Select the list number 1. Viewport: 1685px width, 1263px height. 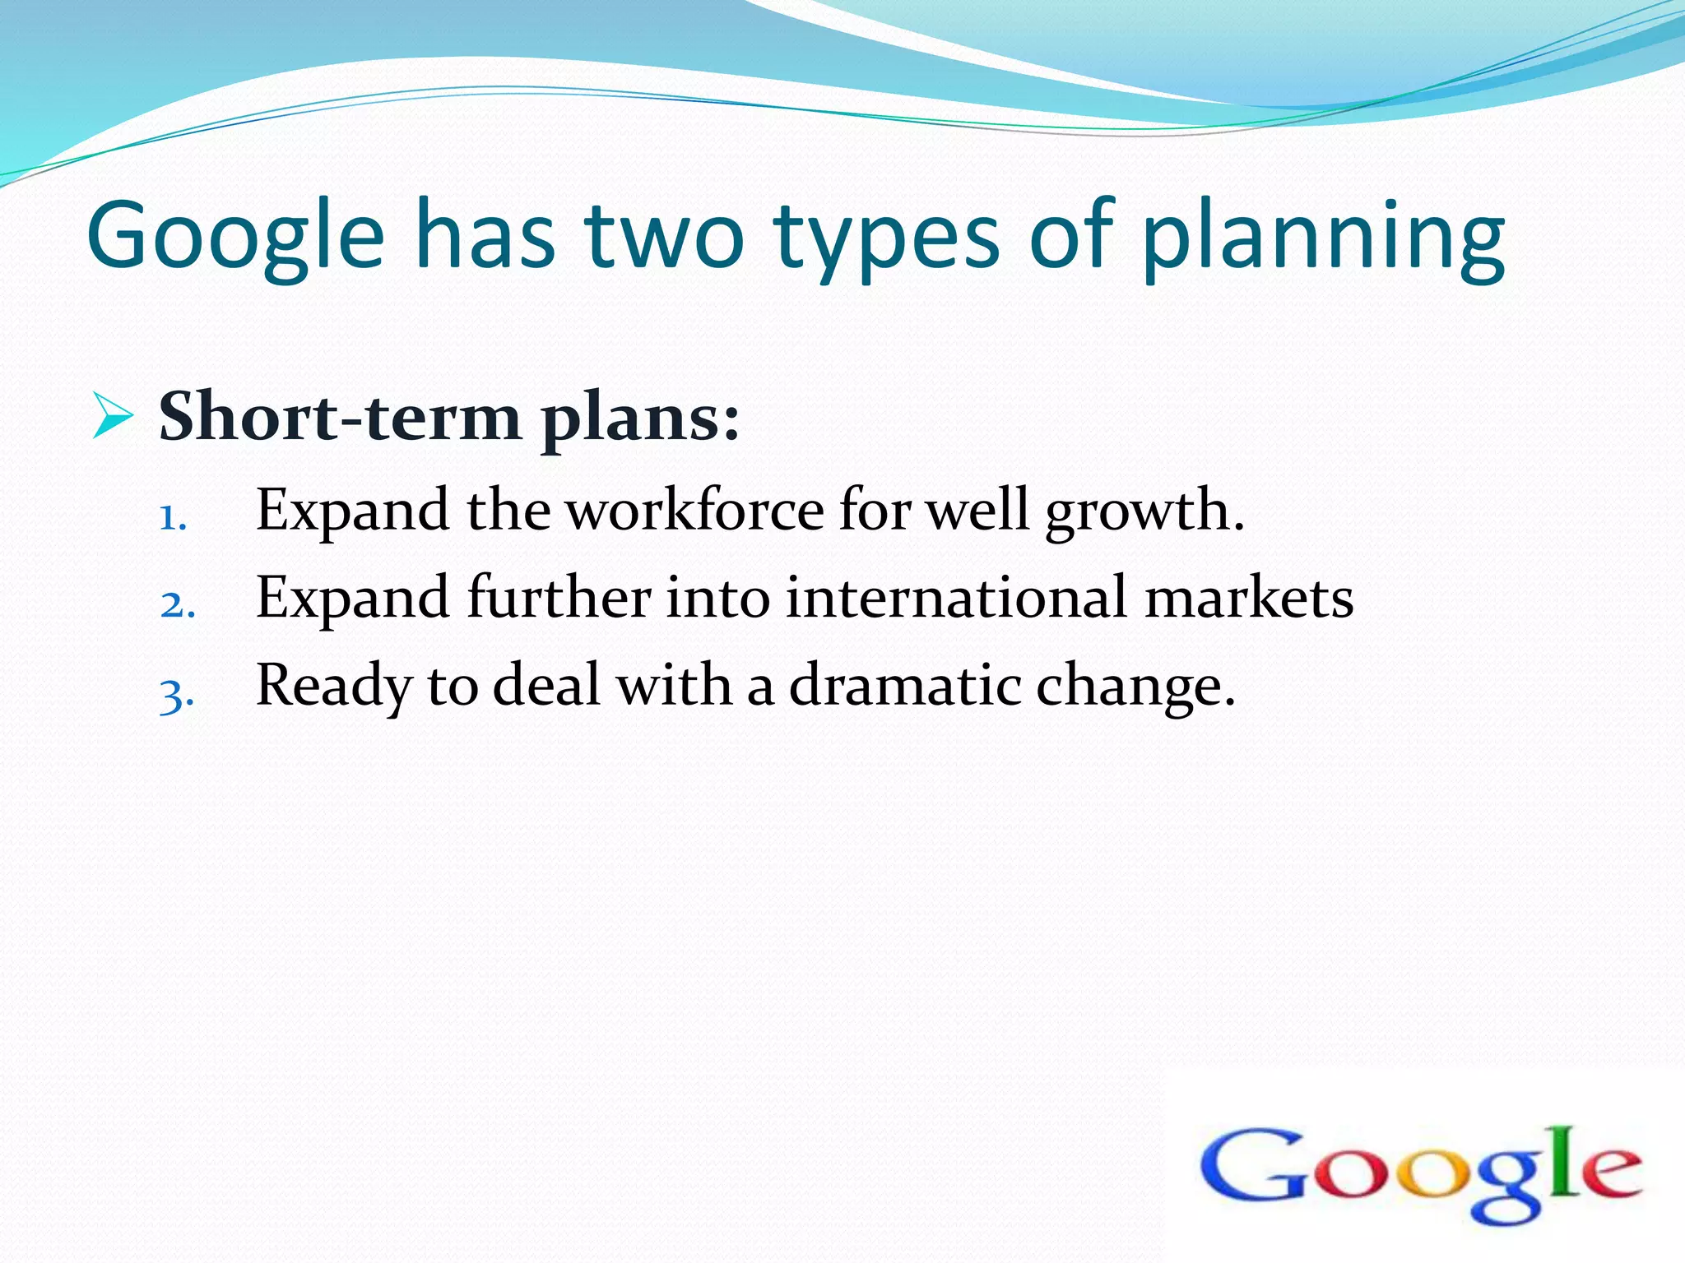point(172,519)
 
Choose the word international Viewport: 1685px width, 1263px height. point(955,597)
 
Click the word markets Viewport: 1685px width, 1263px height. point(1249,597)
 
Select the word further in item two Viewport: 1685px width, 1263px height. point(559,597)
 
